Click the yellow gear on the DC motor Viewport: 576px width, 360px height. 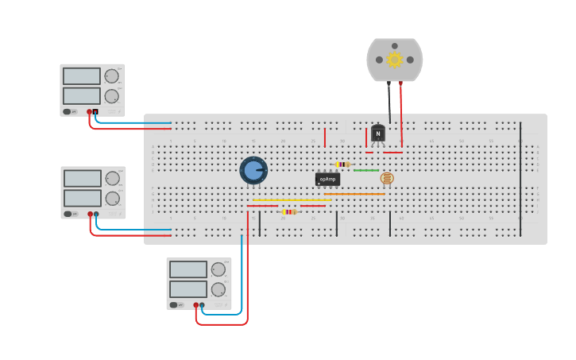(x=395, y=60)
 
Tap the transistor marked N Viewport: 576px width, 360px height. (x=378, y=134)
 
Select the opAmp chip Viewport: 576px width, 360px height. (x=327, y=180)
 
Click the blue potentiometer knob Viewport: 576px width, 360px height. (x=253, y=169)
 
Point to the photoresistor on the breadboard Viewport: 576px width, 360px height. (x=387, y=178)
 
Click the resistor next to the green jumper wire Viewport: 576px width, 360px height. (x=342, y=165)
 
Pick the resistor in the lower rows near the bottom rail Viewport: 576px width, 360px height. (x=289, y=211)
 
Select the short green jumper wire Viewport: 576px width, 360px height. (x=366, y=170)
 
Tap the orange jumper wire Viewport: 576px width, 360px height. (x=354, y=194)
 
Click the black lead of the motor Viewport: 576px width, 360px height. (x=389, y=99)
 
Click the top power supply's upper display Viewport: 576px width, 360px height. (x=81, y=76)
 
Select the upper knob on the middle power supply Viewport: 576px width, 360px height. (x=113, y=177)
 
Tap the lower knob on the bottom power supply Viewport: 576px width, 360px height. (x=218, y=289)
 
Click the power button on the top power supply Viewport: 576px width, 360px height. (x=68, y=112)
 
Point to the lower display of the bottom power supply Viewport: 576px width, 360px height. (x=187, y=289)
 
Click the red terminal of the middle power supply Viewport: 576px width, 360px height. (x=90, y=214)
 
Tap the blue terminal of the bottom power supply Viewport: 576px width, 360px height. (x=202, y=304)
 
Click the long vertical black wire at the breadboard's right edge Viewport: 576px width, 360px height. (x=520, y=179)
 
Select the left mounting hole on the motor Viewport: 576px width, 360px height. (x=379, y=60)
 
